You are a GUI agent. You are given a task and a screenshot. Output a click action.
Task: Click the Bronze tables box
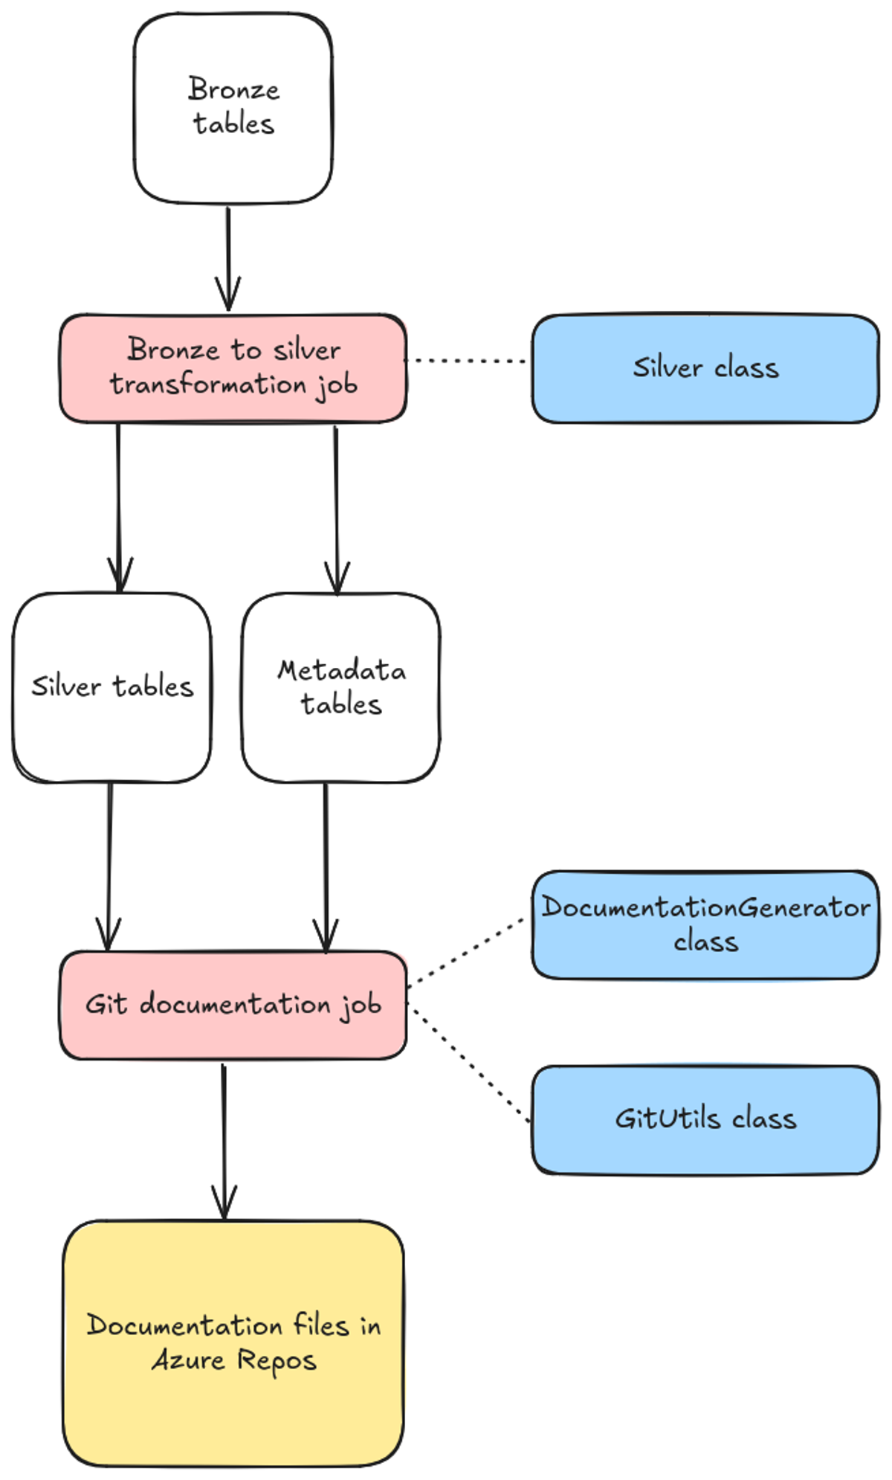click(233, 108)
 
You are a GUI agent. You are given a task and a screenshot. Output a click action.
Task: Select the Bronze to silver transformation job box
click(233, 368)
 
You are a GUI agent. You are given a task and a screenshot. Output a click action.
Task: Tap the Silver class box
click(705, 368)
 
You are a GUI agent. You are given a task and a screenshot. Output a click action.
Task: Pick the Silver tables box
click(111, 686)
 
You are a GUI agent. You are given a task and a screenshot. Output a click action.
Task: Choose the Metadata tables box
click(340, 686)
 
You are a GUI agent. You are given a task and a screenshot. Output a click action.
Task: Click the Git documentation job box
click(233, 1004)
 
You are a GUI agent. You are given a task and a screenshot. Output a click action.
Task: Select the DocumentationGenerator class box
click(705, 924)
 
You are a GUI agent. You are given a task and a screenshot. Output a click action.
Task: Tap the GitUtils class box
click(705, 1119)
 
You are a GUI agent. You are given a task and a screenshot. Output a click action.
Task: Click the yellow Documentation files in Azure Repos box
click(233, 1342)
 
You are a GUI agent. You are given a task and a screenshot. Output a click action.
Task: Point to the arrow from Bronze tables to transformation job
click(227, 257)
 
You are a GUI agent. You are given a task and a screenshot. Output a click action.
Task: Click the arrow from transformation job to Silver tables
click(118, 506)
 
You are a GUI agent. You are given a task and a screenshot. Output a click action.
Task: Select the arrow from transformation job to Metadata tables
click(336, 506)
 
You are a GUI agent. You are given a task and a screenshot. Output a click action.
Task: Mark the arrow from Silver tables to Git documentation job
click(109, 863)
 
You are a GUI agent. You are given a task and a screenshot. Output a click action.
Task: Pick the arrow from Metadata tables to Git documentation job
click(326, 863)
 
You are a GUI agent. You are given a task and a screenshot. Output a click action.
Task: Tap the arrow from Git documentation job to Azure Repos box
click(223, 1138)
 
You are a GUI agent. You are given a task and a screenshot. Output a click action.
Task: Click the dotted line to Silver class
click(468, 361)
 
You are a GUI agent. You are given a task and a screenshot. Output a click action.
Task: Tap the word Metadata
click(341, 670)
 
